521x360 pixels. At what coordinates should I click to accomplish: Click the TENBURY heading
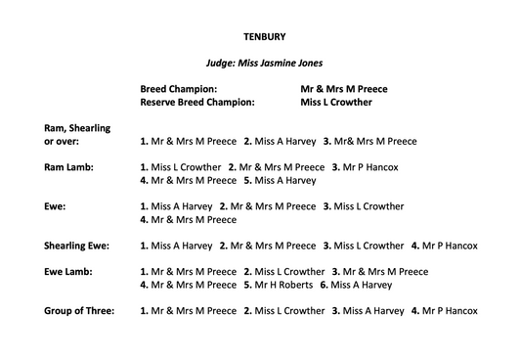point(259,38)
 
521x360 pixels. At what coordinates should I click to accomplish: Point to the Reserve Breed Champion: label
point(196,101)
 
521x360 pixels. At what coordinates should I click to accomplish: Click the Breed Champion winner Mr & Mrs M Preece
point(344,87)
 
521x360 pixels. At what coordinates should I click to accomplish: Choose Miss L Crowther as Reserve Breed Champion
point(336,101)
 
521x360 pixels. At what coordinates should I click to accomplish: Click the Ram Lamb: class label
point(67,167)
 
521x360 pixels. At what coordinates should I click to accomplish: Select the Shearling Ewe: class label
point(75,246)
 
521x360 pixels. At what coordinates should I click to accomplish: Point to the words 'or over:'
point(62,141)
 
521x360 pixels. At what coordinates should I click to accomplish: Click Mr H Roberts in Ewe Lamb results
point(283,285)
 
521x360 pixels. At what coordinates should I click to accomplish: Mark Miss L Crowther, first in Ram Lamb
point(186,167)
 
